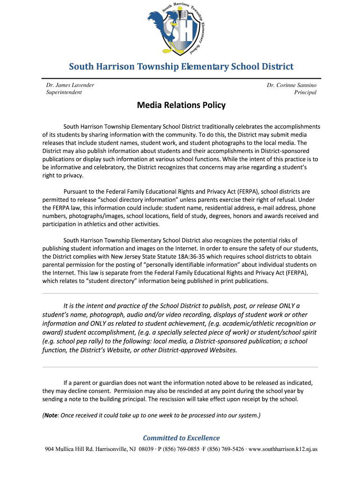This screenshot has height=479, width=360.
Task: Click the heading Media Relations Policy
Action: coord(181,105)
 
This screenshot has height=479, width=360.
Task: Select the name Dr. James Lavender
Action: coord(70,85)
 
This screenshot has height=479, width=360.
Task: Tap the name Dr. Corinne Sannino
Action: coord(291,85)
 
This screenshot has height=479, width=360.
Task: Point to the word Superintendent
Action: coord(64,92)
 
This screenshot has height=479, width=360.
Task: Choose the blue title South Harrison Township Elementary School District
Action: coord(181,66)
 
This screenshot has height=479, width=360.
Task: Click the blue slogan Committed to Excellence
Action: coord(181,438)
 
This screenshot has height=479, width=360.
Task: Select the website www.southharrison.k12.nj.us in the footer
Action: coord(283,449)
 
